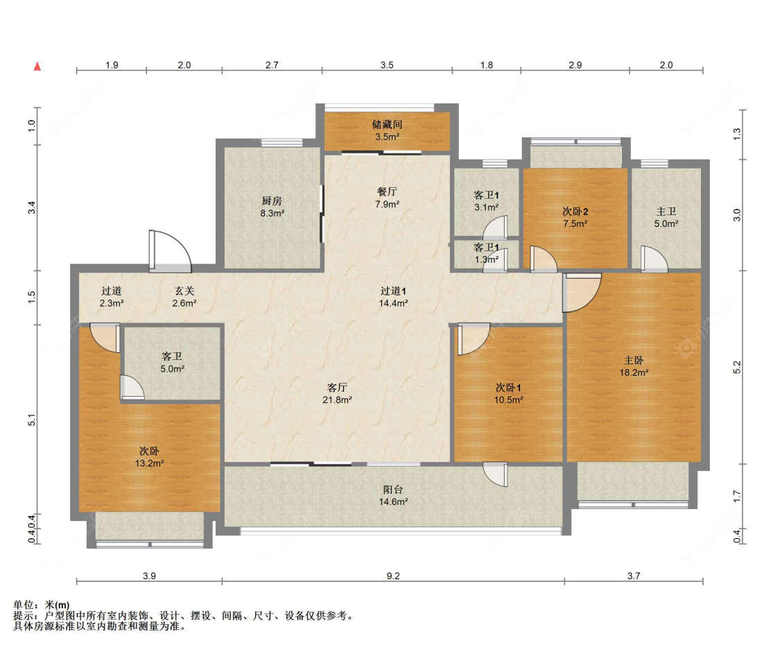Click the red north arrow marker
tap(37, 67)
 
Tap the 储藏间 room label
tap(387, 124)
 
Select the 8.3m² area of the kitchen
tap(272, 214)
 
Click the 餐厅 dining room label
tap(387, 191)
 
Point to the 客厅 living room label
tap(337, 387)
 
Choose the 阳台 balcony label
tap(393, 490)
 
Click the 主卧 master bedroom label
tap(634, 360)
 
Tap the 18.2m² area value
tap(634, 372)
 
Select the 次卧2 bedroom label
tap(575, 212)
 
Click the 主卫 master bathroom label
tap(666, 212)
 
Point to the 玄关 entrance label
tap(184, 291)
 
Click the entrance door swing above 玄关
tap(170, 251)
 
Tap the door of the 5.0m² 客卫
tap(132, 387)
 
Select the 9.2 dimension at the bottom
tap(393, 576)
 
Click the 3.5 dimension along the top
tap(387, 65)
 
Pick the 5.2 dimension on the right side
tap(737, 368)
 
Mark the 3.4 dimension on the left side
tap(32, 207)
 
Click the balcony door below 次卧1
tap(496, 474)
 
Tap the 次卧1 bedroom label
tap(508, 387)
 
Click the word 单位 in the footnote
tap(23, 606)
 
